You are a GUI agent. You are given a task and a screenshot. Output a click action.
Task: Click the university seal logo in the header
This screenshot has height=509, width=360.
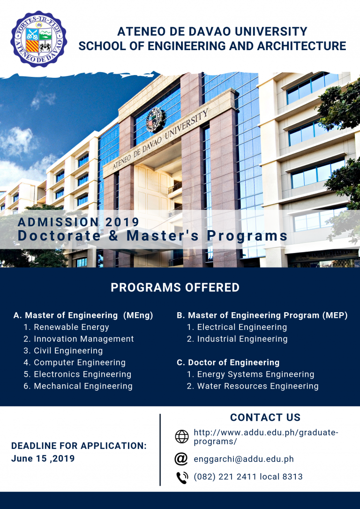(38, 39)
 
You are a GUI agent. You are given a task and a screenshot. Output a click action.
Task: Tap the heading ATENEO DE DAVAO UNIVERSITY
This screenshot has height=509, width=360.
(212, 32)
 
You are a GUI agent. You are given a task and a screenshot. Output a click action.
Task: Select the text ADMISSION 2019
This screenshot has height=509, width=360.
(79, 222)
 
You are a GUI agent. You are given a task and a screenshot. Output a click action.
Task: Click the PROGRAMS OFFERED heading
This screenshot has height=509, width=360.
(175, 287)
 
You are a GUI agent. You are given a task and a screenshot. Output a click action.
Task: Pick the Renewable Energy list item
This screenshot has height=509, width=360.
(71, 327)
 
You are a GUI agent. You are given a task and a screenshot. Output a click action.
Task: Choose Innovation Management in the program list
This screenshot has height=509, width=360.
(83, 339)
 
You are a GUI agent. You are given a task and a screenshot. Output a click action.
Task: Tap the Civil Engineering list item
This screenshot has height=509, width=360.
(68, 351)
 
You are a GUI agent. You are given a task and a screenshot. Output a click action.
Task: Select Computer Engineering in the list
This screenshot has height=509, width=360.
(79, 362)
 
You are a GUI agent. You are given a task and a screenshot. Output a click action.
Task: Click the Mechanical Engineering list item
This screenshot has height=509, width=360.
(83, 386)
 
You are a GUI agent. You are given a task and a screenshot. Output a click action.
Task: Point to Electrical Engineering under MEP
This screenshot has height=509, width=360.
(242, 327)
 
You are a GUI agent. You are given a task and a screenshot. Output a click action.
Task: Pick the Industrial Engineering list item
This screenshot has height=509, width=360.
(242, 339)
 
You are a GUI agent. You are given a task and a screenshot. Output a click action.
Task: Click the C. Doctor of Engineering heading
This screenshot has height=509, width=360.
(228, 362)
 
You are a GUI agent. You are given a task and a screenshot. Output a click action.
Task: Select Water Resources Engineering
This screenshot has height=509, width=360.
(257, 386)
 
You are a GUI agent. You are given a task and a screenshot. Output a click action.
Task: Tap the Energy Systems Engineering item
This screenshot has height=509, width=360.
(255, 374)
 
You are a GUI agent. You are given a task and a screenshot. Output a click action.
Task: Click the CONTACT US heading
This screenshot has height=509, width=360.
(265, 418)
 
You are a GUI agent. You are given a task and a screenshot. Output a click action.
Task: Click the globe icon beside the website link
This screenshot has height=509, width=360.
(181, 437)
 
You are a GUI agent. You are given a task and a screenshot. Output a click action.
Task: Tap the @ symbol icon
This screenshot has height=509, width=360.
(181, 459)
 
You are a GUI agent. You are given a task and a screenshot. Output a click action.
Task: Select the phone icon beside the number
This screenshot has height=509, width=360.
(181, 477)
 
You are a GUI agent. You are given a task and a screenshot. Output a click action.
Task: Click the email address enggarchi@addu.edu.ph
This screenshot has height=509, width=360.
(244, 459)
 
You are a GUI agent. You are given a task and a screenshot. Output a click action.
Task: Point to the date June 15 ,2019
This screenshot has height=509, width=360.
(43, 458)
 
